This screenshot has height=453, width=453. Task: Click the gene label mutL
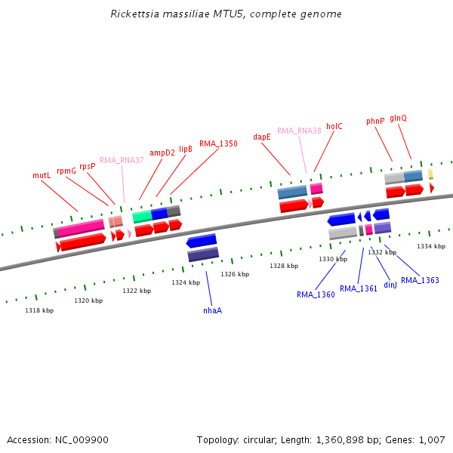coord(41,175)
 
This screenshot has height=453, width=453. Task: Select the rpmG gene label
coord(66,171)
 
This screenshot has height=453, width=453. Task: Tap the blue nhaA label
coord(212,310)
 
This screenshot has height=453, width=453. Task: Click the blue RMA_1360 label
coord(316,294)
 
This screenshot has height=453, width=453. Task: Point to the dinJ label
coord(390,285)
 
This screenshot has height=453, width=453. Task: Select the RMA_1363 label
coord(420,281)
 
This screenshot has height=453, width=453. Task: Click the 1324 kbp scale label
coord(186,282)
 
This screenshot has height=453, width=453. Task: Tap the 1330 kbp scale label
coord(333,259)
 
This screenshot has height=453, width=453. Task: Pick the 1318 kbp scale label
coord(39,310)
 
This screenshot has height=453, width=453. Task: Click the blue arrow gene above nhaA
coord(202,241)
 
